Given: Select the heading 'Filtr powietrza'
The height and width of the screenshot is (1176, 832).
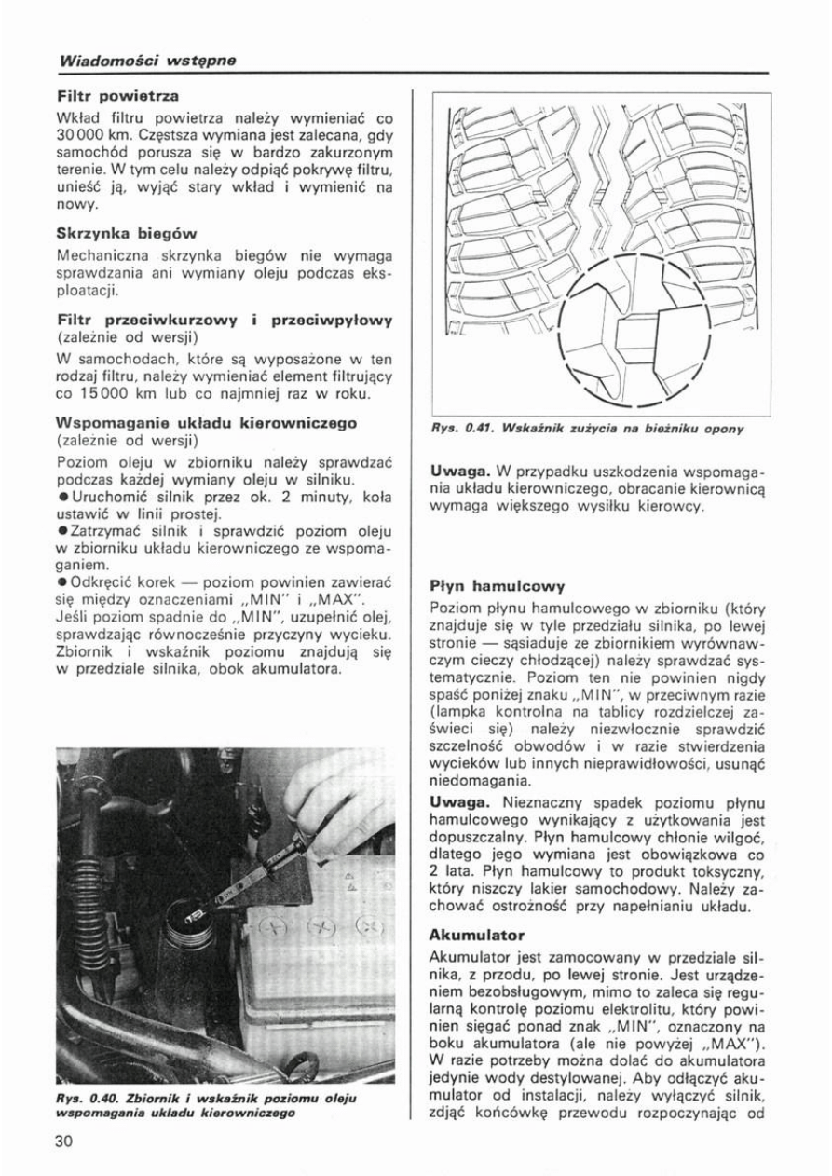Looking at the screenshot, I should [117, 96].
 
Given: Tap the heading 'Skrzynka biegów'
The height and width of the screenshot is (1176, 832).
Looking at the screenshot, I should [127, 233].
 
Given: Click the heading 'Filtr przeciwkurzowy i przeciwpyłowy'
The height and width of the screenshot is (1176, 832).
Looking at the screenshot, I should [225, 320].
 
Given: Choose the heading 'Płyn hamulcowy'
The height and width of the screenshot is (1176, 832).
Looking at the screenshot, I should [497, 587].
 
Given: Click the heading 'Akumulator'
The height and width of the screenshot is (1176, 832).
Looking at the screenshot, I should [477, 934].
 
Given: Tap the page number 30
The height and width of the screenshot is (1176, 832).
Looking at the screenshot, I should [63, 1142].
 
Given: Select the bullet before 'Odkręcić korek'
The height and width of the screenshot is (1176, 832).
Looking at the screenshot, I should [61, 581].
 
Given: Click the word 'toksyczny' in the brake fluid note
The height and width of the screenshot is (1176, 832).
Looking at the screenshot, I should [726, 872].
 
